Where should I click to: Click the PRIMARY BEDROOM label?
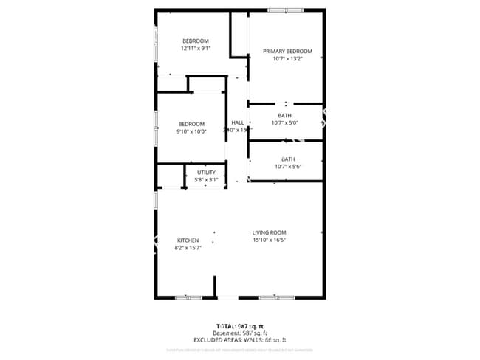click(x=288, y=52)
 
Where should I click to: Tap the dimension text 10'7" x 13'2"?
click(x=288, y=59)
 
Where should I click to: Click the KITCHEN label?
click(x=188, y=240)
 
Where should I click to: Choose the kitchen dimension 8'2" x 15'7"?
click(x=188, y=248)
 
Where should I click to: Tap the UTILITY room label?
click(x=206, y=173)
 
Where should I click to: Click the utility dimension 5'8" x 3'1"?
click(x=206, y=179)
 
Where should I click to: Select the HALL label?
click(x=237, y=122)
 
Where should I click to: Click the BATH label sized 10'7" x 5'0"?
click(x=284, y=116)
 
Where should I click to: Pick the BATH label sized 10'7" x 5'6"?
click(x=287, y=159)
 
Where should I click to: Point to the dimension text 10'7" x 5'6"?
click(x=287, y=167)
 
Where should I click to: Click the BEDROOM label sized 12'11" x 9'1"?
click(x=196, y=41)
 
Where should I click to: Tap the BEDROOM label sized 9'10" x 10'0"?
click(x=191, y=124)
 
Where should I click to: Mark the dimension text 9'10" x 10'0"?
click(x=191, y=131)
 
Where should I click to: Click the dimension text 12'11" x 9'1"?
click(x=196, y=48)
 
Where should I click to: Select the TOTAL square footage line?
click(x=240, y=325)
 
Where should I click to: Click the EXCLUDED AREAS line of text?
click(x=240, y=340)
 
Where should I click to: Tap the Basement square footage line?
click(x=240, y=333)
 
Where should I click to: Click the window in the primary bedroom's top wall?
click(x=285, y=10)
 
